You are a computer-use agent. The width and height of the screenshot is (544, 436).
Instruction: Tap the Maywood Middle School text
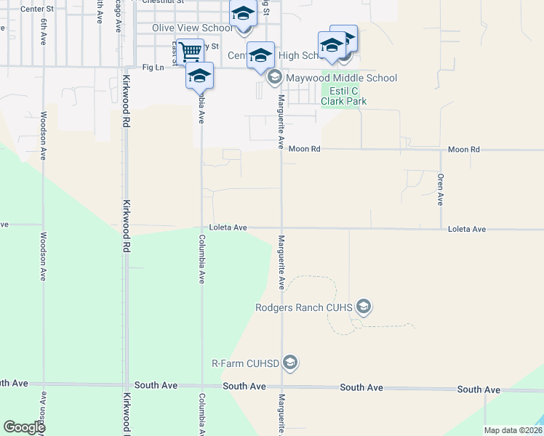[x=341, y=78]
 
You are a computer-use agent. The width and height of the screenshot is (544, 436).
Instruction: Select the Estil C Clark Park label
[x=344, y=96]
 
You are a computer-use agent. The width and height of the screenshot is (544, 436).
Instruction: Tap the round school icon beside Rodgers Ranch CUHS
[x=364, y=307]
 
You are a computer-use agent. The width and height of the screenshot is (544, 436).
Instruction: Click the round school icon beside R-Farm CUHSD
[x=290, y=363]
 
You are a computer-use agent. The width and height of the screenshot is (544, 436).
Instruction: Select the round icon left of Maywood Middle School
[x=275, y=77]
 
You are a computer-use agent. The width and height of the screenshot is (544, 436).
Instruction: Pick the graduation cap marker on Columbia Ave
[x=199, y=76]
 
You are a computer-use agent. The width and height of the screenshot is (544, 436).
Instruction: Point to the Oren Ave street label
[x=441, y=189]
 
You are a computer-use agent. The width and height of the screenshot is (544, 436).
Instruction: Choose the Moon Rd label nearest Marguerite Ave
[x=305, y=149]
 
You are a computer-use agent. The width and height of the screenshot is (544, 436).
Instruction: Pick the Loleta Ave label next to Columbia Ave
[x=228, y=227]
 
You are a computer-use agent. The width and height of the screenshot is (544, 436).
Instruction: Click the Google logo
[x=24, y=427]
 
